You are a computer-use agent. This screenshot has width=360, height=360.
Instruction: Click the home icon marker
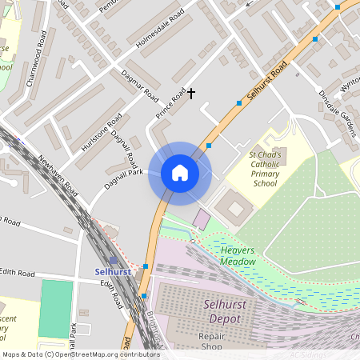tap(180, 173)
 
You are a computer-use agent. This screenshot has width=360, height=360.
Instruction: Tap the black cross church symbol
tap(190, 94)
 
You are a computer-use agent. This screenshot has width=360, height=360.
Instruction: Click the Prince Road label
tap(170, 104)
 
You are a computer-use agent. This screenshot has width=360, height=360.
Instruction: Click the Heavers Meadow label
tap(238, 256)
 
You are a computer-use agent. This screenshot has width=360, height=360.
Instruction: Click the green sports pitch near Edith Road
tap(55, 308)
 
